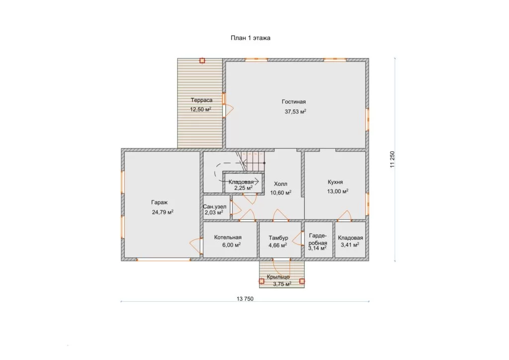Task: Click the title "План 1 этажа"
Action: pos(251,38)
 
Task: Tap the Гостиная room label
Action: pos(294,101)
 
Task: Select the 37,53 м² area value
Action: pos(295,111)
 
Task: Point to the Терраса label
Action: pos(202,100)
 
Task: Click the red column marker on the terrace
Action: pos(202,60)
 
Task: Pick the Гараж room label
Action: pos(160,202)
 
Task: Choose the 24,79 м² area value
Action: pos(163,212)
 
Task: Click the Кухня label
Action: pos(336,182)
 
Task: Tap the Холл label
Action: pos(280,184)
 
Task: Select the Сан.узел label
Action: pos(215,207)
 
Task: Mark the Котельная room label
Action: pos(228,237)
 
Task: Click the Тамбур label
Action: pos(278,238)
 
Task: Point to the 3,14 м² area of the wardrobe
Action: pos(318,248)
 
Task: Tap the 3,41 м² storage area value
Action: pos(350,245)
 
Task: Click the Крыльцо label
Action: pos(278,277)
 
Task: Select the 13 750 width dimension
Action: pos(245,299)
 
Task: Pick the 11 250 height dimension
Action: pos(393,160)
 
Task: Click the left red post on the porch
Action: pos(261,281)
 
